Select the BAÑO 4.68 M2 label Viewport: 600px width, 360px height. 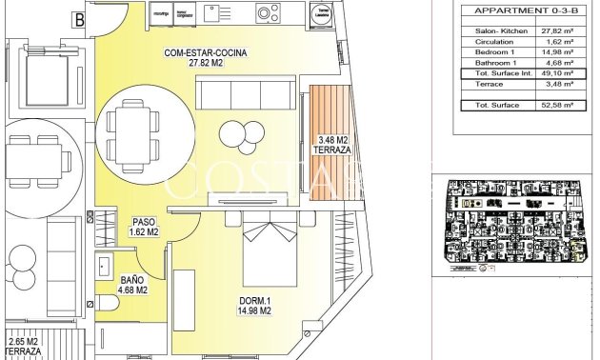[131, 285]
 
